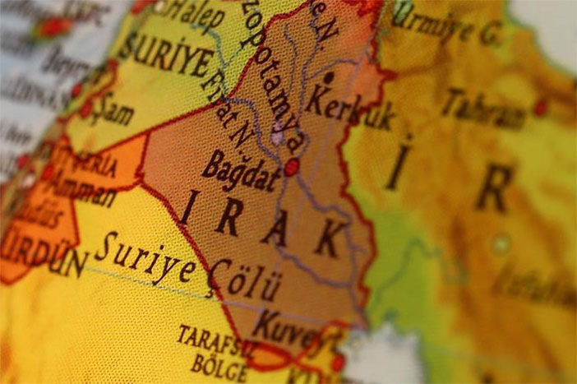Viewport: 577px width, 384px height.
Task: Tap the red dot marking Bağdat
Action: [291, 168]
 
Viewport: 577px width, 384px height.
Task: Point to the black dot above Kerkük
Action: [329, 78]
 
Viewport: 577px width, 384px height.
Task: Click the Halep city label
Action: [195, 16]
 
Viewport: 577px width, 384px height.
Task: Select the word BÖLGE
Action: [219, 363]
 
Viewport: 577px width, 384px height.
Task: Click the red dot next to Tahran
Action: [540, 107]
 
